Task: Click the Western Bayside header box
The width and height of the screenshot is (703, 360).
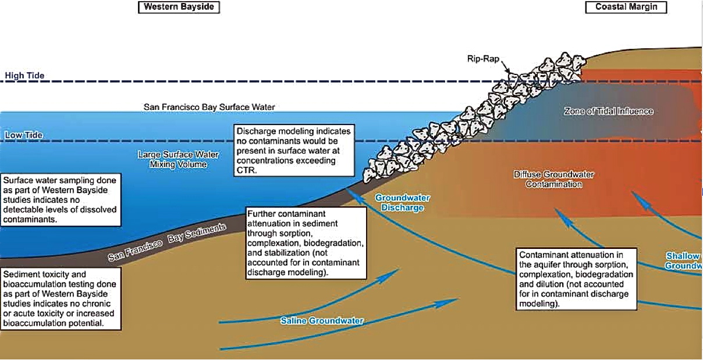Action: pos(178,7)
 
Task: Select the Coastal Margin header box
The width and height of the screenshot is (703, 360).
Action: pos(626,7)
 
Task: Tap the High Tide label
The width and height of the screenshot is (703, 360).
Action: pos(24,76)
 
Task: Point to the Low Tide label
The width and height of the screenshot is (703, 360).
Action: pos(24,136)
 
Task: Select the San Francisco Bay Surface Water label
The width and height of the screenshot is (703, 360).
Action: pos(209,107)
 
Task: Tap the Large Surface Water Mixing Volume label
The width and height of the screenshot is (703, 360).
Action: pos(173,159)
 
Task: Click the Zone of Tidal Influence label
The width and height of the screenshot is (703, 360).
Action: pos(608,111)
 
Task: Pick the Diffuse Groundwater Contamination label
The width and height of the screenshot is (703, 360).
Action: pos(553,179)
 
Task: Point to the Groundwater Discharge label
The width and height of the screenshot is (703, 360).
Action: pos(399,202)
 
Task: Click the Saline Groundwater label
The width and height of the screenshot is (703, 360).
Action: pos(321,320)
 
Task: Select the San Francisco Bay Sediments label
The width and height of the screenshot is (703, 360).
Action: pos(167,243)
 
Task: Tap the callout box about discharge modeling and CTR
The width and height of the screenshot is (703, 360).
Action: pos(294,150)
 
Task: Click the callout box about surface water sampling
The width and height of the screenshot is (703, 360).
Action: pos(61,199)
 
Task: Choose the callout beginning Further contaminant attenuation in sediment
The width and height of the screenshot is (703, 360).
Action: pos(306,241)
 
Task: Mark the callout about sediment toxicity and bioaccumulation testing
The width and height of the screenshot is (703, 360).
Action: pos(61,298)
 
